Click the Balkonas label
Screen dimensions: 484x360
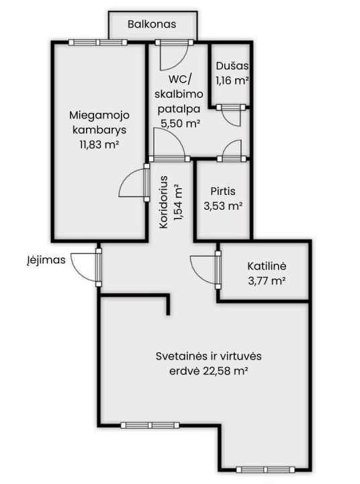coord(152,24)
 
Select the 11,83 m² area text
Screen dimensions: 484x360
coord(99,143)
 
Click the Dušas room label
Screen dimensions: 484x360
coord(232,67)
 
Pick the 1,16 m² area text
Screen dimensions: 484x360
coord(232,81)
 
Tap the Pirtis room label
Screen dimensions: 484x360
coord(222,191)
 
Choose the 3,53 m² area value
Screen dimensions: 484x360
coord(222,206)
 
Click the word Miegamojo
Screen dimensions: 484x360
coord(99,113)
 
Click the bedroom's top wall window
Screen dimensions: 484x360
coord(99,42)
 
